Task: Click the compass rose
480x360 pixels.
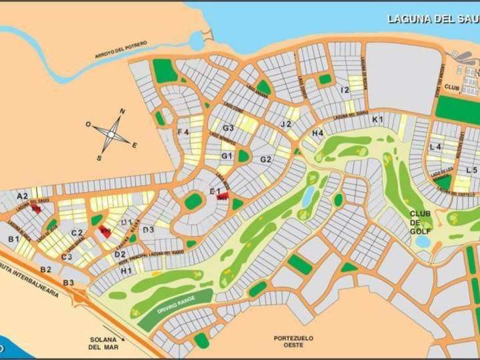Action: click(111, 133)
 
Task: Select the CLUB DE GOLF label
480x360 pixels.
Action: click(421, 222)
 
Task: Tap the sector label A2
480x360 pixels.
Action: click(23, 196)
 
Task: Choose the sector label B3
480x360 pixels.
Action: click(69, 283)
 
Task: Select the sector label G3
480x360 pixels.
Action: click(228, 128)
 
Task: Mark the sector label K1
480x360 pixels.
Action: click(378, 119)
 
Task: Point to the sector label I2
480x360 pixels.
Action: click(345, 89)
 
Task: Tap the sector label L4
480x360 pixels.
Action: click(436, 146)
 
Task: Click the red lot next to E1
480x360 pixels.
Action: click(223, 197)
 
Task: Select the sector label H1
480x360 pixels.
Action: click(126, 270)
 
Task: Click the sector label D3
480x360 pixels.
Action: click(149, 230)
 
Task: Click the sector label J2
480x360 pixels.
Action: click(286, 124)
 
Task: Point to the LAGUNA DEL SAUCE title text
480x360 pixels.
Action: click(432, 19)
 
